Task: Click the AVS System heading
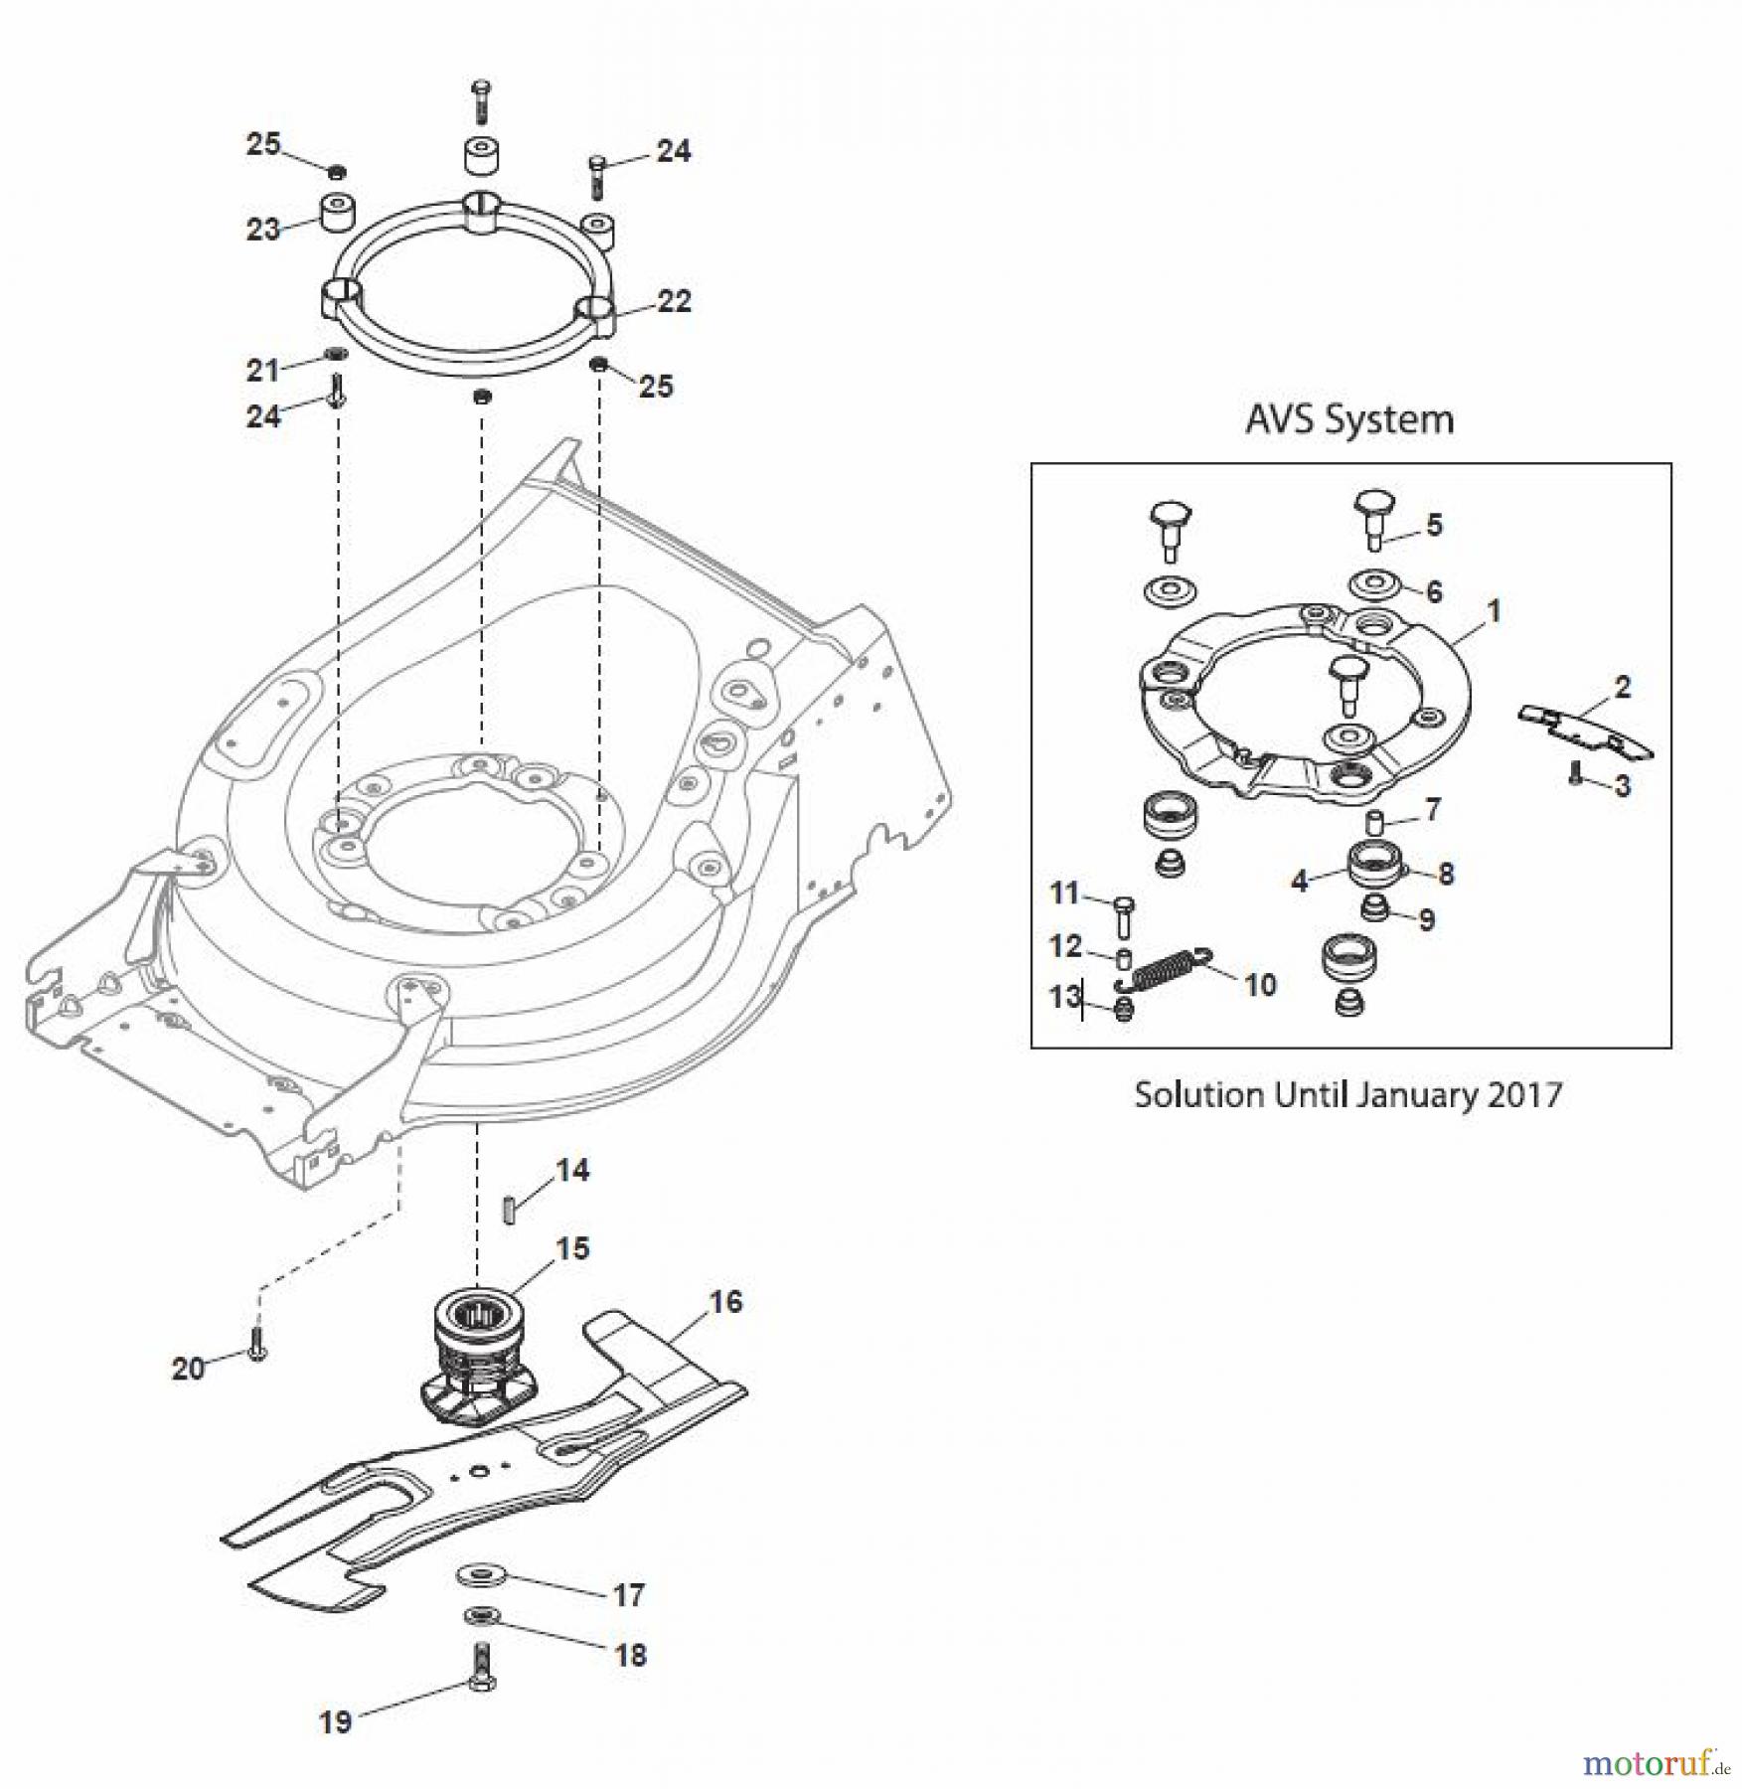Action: click(1348, 419)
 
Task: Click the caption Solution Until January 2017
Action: click(1347, 1095)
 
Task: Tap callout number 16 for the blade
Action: click(725, 1301)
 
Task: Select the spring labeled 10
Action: click(1164, 969)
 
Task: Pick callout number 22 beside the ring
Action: click(674, 300)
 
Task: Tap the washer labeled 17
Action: click(482, 1575)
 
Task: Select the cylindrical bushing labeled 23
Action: click(339, 212)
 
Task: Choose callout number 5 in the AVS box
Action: click(1434, 525)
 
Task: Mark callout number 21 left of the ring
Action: click(262, 370)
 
